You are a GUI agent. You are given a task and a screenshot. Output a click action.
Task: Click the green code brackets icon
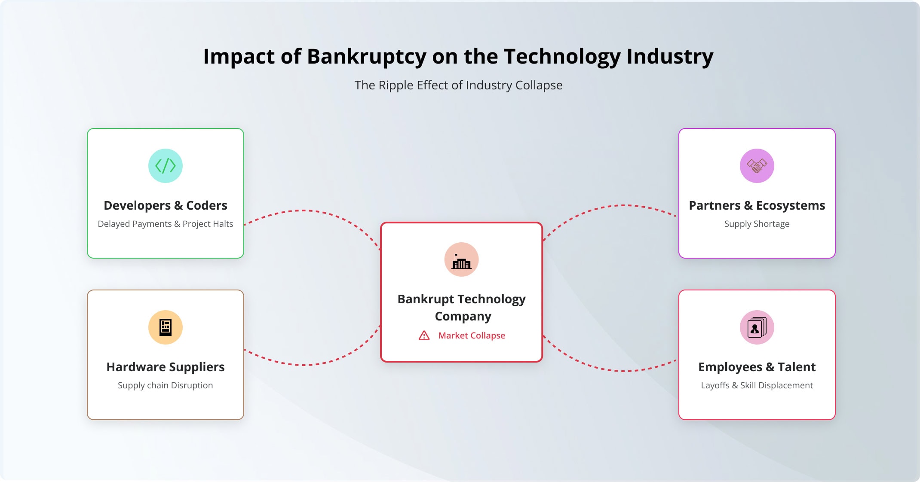[166, 166]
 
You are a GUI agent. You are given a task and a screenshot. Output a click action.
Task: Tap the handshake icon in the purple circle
[757, 166]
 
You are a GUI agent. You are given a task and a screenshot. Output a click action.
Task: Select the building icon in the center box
[461, 261]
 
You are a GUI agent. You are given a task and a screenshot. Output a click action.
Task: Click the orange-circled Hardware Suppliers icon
[166, 327]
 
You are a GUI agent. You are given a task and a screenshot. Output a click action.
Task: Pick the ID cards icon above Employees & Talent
[757, 327]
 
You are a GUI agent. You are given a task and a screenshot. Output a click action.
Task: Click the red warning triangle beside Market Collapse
[424, 336]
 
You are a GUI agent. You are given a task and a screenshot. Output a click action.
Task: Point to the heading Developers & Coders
[166, 205]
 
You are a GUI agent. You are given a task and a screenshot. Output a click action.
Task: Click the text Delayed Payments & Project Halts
[166, 224]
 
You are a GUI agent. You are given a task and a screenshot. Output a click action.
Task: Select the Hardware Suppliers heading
[166, 367]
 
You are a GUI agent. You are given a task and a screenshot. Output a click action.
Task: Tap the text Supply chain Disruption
[166, 385]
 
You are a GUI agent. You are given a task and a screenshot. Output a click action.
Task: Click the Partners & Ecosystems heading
[757, 205]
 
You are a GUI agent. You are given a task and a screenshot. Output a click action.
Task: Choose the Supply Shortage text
[757, 224]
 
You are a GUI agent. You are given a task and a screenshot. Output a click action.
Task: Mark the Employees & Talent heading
[757, 367]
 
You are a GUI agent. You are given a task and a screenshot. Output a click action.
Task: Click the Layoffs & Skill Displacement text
[757, 385]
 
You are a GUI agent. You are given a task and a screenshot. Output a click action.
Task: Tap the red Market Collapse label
[472, 336]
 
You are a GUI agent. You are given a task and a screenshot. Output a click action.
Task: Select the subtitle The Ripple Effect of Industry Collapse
[458, 85]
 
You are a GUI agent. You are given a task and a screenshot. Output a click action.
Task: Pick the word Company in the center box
[463, 317]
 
